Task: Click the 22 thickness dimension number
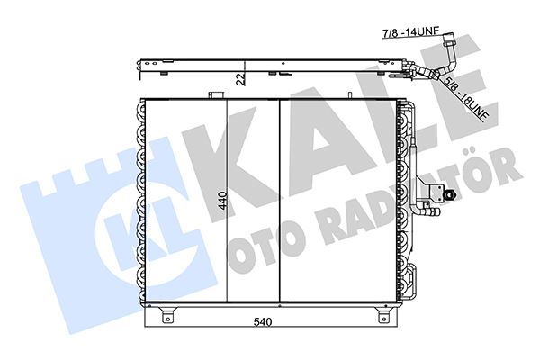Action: pyautogui.click(x=240, y=78)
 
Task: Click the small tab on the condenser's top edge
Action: pyautogui.click(x=215, y=93)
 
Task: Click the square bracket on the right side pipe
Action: pyautogui.click(x=436, y=192)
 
